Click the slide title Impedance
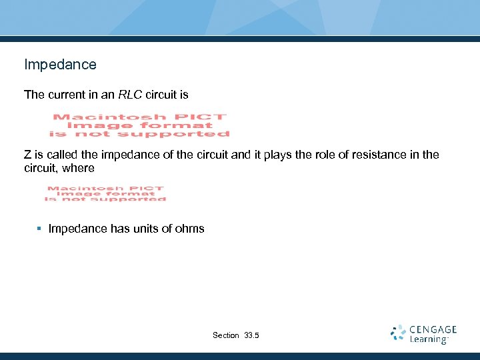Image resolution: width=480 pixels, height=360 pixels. [x=60, y=65]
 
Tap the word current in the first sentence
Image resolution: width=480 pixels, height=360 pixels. [x=67, y=95]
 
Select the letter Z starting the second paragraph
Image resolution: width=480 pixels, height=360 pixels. [x=27, y=155]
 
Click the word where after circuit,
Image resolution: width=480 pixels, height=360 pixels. [x=79, y=168]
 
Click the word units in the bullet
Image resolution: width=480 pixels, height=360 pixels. [x=147, y=229]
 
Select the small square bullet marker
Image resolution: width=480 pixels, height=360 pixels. [x=39, y=229]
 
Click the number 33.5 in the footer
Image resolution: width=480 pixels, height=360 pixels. [x=252, y=335]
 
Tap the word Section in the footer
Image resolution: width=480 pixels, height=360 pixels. [x=225, y=335]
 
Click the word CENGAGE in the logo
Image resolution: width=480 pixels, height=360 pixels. [x=433, y=329]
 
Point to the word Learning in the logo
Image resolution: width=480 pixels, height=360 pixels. [x=429, y=339]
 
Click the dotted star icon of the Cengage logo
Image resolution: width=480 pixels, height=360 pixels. [x=398, y=333]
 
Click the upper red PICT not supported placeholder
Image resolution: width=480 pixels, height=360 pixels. [x=140, y=125]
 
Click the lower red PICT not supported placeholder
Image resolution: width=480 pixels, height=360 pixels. [x=105, y=193]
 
